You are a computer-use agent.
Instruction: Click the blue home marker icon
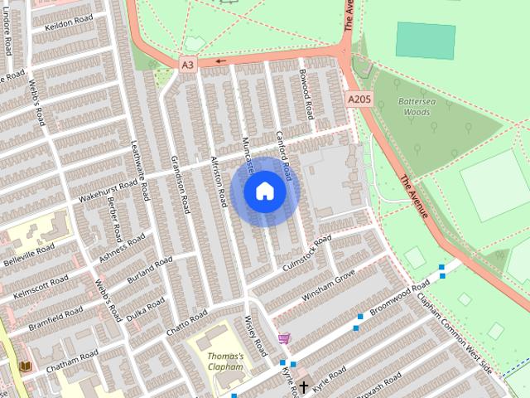tap(264, 192)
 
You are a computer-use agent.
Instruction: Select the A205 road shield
tap(358, 99)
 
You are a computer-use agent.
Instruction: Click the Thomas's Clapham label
tap(224, 361)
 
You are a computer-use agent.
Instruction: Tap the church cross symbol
tap(304, 386)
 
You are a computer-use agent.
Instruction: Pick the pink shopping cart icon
tap(285, 338)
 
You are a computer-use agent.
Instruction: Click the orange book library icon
tap(25, 366)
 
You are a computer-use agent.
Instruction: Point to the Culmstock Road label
tap(306, 255)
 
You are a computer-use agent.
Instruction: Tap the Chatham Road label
tap(72, 360)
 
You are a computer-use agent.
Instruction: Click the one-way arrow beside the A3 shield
tap(220, 61)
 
